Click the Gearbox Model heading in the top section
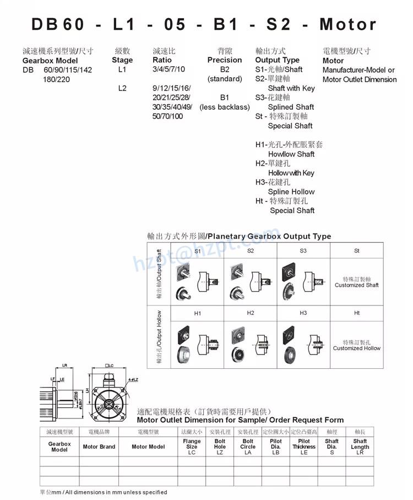(x=50, y=60)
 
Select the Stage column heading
(x=122, y=60)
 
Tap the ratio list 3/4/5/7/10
(x=169, y=69)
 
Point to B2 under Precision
(x=225, y=69)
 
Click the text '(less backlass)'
(x=225, y=107)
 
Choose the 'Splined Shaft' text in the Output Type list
(x=291, y=107)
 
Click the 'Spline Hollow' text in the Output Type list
(x=291, y=191)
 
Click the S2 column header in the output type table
(x=251, y=251)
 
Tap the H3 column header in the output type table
(x=303, y=313)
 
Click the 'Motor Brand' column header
(x=99, y=447)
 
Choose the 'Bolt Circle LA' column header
(x=248, y=447)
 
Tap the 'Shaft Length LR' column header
(x=360, y=447)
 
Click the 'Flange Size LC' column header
(x=192, y=447)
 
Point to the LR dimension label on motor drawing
(x=64, y=365)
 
